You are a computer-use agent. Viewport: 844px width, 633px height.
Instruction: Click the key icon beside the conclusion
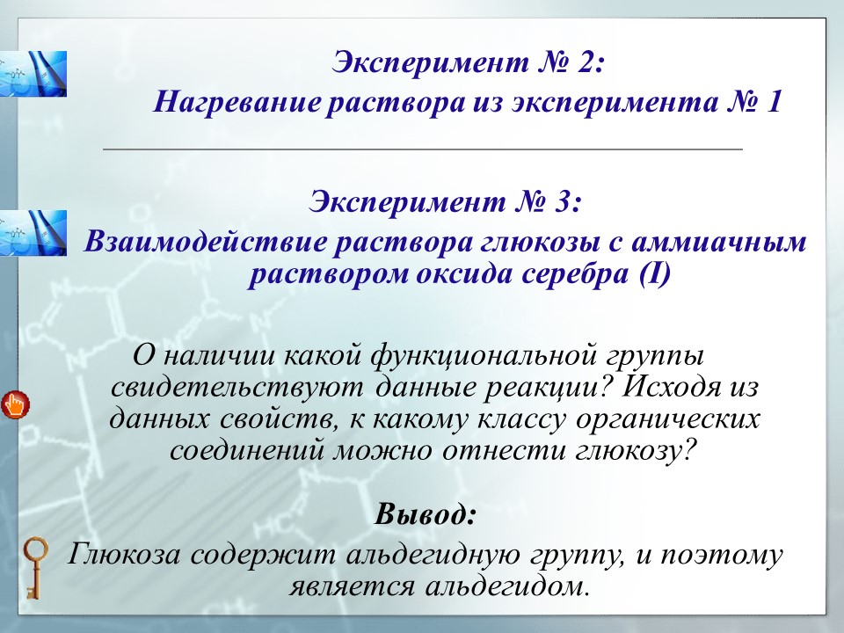(x=33, y=568)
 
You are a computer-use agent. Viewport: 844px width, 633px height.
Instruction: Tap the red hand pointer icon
(x=15, y=404)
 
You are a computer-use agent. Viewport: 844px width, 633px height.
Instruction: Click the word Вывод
(x=426, y=513)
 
